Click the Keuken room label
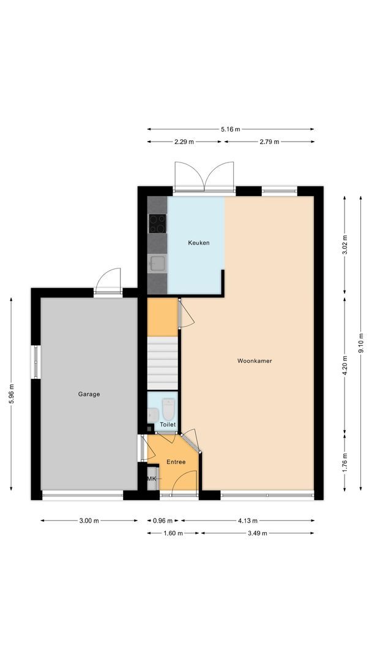point(198,243)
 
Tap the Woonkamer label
point(255,361)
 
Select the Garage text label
point(89,394)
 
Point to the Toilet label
point(168,424)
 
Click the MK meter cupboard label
point(151,479)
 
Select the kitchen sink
point(157,264)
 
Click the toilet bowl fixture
point(169,408)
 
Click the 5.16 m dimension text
point(231,129)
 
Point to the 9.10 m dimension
point(361,343)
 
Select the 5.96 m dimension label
point(12,394)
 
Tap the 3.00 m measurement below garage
point(89,520)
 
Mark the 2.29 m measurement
point(184,142)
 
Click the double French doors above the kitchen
point(204,177)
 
